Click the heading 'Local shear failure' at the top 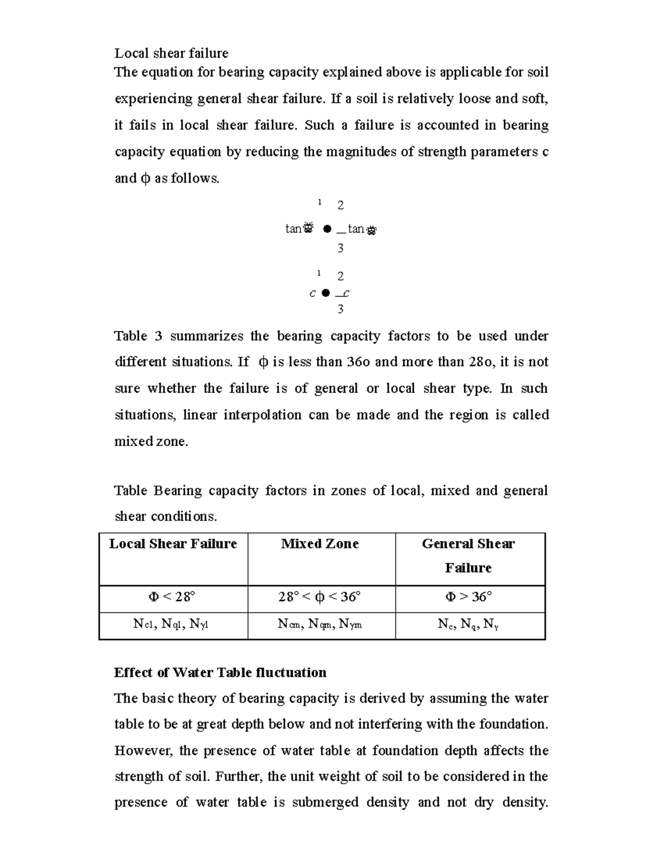click(x=171, y=53)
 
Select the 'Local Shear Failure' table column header click(x=173, y=544)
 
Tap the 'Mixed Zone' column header click(x=320, y=544)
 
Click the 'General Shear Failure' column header click(x=468, y=555)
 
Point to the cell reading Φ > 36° click(x=468, y=597)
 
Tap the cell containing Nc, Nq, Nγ click(x=468, y=624)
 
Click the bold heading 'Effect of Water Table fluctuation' click(x=220, y=673)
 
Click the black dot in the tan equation click(x=328, y=228)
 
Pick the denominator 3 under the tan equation click(x=340, y=248)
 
